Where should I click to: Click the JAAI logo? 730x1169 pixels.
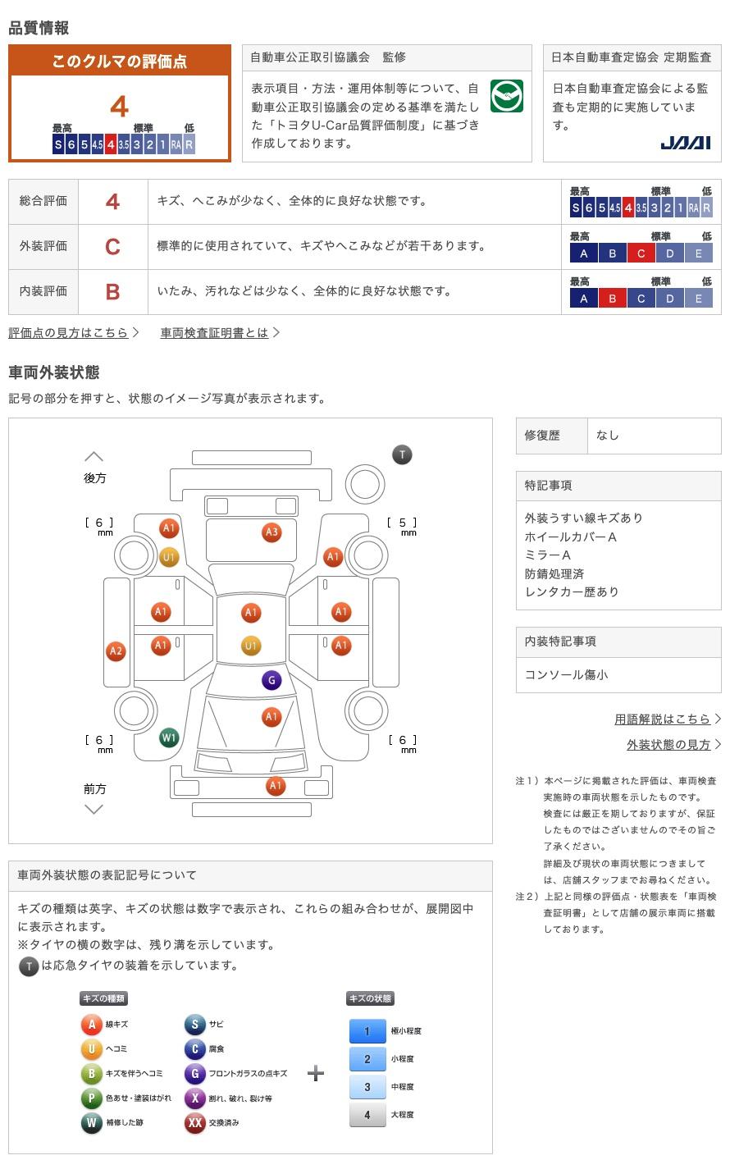pyautogui.click(x=685, y=143)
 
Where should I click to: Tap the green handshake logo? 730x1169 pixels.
pyautogui.click(x=506, y=96)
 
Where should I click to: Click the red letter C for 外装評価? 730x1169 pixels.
pyautogui.click(x=112, y=246)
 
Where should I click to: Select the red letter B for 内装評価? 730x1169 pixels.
pyautogui.click(x=112, y=291)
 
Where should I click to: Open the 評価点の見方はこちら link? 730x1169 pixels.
pyautogui.click(x=69, y=332)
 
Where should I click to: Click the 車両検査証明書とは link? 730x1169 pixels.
pyautogui.click(x=214, y=332)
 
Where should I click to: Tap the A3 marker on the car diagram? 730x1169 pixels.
pyautogui.click(x=271, y=532)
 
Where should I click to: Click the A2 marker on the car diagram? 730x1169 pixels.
pyautogui.click(x=116, y=651)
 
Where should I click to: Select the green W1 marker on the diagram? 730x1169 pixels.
pyautogui.click(x=169, y=737)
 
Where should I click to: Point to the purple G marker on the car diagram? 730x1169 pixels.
pyautogui.click(x=271, y=680)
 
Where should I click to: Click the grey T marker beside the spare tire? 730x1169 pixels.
pyautogui.click(x=402, y=454)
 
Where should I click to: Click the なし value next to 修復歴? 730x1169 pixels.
pyautogui.click(x=608, y=436)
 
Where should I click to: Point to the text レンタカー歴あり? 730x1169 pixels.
pyautogui.click(x=572, y=591)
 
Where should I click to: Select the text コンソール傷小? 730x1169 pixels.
pyautogui.click(x=566, y=674)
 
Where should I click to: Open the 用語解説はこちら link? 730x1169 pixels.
pyautogui.click(x=662, y=719)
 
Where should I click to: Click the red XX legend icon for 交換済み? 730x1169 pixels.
pyautogui.click(x=194, y=1122)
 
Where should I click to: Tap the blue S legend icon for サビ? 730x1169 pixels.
pyautogui.click(x=194, y=1024)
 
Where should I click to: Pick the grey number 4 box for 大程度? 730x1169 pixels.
pyautogui.click(x=367, y=1115)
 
